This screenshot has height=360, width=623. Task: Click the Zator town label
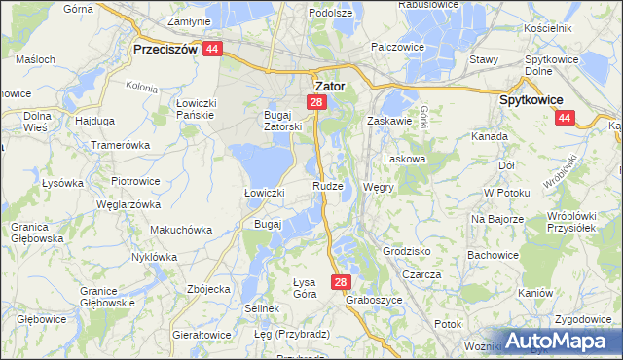[331, 85]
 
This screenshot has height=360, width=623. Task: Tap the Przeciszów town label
[165, 49]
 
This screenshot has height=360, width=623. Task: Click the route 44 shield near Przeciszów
[214, 49]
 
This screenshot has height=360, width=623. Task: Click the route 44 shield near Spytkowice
[564, 118]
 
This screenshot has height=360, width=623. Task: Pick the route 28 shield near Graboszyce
[340, 282]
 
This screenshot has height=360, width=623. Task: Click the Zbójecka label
[207, 289]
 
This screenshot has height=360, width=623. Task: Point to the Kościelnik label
[573, 28]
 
